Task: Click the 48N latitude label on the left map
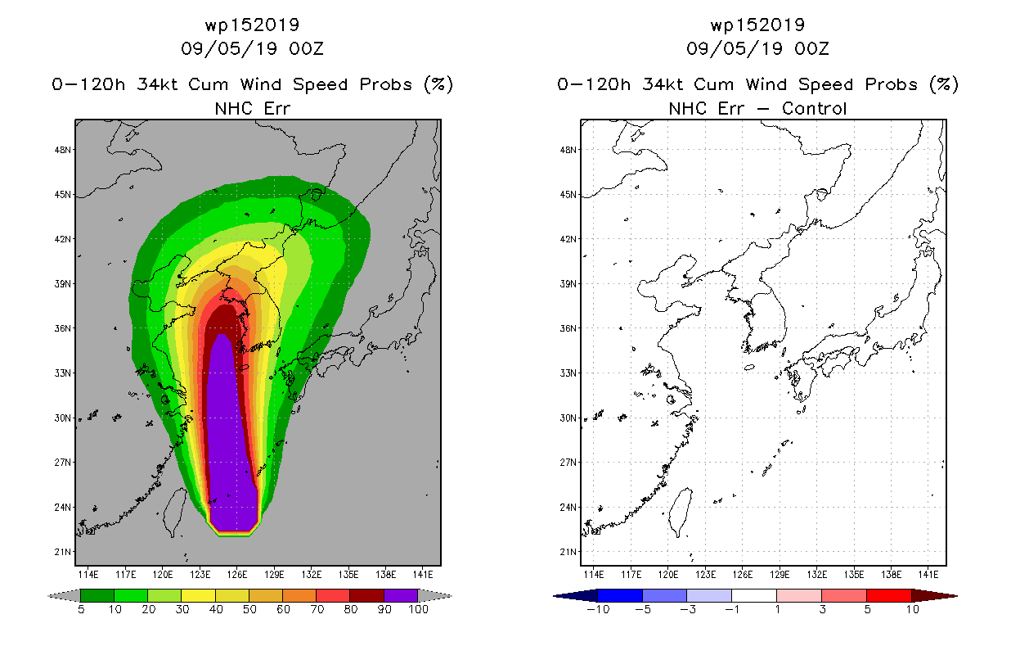(62, 150)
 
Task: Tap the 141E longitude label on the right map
(928, 575)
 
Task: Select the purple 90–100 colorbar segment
(401, 595)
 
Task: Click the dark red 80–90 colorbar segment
(367, 595)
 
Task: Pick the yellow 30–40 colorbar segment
(199, 595)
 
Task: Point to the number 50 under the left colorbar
(249, 609)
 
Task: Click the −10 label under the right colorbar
(598, 609)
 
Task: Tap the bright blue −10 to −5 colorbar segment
(620, 595)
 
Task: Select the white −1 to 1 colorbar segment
(754, 595)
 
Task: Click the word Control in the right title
(814, 109)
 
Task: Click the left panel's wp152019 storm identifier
(252, 25)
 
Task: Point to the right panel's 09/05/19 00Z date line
(757, 48)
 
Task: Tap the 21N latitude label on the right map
(568, 552)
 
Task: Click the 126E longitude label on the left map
(237, 575)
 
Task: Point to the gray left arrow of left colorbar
(64, 596)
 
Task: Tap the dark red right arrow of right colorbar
(934, 596)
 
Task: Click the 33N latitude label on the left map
(62, 373)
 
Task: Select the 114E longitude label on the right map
(594, 575)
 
